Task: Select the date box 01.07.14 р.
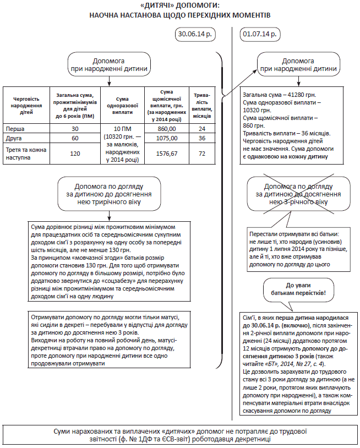pyautogui.click(x=259, y=34)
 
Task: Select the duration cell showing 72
pyautogui.click(x=202, y=154)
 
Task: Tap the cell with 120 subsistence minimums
pyautogui.click(x=75, y=154)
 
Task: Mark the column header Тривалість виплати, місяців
pyautogui.click(x=202, y=105)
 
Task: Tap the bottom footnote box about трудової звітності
pyautogui.click(x=179, y=434)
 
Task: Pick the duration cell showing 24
pyautogui.click(x=202, y=128)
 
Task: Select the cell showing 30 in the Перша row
pyautogui.click(x=75, y=128)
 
